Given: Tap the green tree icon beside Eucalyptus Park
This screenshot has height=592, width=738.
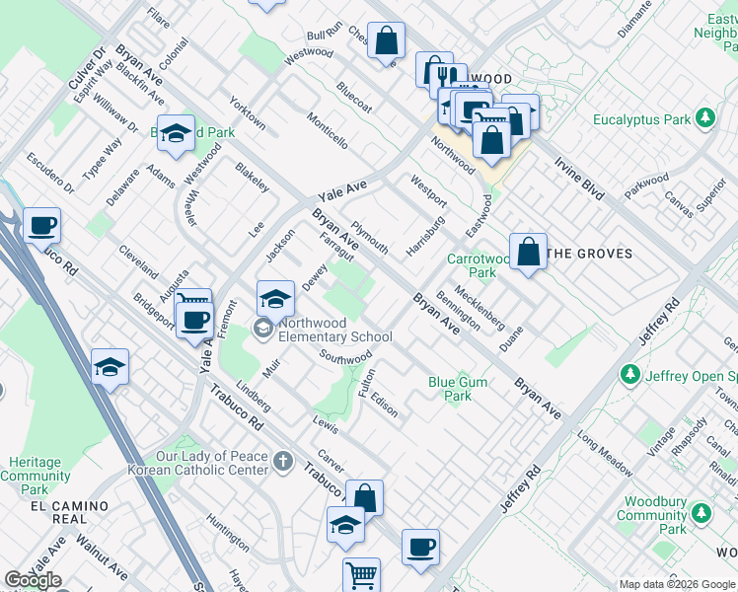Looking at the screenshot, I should click(704, 118).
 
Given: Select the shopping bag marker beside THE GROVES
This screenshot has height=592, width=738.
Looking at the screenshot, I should click(529, 252).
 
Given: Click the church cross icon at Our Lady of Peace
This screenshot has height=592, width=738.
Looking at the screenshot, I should click(283, 461).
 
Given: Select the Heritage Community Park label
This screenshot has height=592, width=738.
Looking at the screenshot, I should click(36, 476).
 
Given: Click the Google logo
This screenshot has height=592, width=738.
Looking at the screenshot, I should click(33, 579).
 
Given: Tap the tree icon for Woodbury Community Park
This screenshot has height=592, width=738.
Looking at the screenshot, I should click(702, 513).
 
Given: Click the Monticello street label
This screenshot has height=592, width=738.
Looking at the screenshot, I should click(327, 128).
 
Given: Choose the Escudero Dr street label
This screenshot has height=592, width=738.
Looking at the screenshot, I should click(50, 172).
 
